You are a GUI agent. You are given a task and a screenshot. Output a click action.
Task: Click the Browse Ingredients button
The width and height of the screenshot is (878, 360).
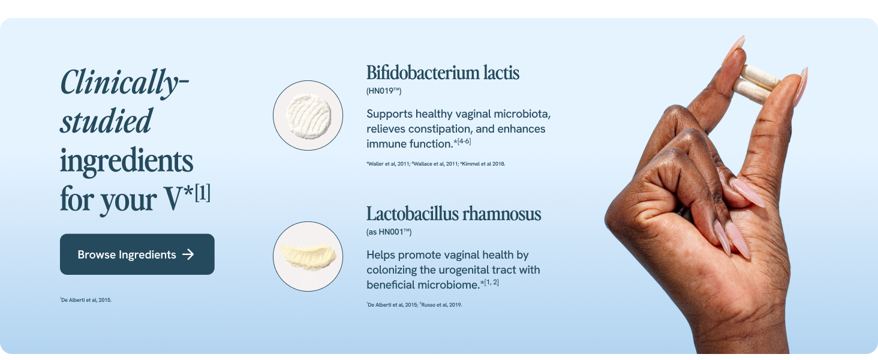click(137, 254)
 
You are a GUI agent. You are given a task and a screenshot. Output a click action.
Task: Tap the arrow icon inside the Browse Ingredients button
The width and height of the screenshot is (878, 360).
click(188, 254)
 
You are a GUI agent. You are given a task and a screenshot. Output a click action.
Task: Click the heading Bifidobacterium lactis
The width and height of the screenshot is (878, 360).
click(443, 73)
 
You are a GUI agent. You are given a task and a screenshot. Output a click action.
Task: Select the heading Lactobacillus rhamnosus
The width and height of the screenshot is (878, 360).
click(453, 214)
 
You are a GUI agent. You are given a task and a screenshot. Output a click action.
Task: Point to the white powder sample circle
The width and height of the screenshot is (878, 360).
click(308, 115)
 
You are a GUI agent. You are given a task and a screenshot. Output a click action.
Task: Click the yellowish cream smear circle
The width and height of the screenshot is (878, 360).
click(308, 256)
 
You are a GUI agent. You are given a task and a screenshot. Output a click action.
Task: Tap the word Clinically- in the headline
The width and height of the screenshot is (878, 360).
click(124, 82)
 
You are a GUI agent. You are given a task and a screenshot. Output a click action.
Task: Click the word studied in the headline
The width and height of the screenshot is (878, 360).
click(106, 121)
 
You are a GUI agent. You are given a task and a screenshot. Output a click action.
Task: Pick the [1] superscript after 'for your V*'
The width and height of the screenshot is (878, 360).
click(202, 195)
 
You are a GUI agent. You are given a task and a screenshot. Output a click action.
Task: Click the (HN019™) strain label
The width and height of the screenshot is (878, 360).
click(384, 91)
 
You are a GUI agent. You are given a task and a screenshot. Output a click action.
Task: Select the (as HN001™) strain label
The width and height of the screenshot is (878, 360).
click(389, 232)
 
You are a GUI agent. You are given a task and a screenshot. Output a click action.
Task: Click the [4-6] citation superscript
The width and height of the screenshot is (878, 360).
click(465, 142)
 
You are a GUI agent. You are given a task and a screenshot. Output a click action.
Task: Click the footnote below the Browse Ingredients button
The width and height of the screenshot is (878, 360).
click(86, 300)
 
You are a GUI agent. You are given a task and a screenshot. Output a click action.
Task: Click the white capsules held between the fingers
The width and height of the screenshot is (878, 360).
click(757, 84)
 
